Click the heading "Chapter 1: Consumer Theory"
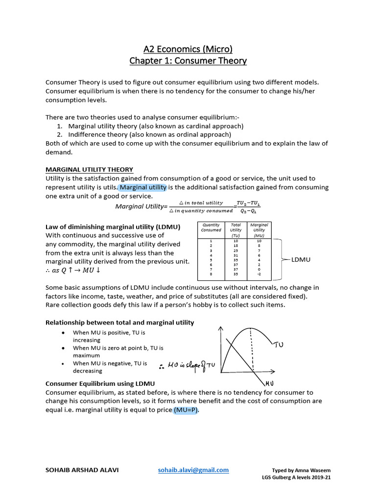(188, 61)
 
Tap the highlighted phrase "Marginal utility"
(143, 187)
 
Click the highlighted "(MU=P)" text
(186, 410)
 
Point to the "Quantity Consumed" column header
(211, 227)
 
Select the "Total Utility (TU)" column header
(235, 230)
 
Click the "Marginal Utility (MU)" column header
(258, 230)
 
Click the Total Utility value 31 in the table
(235, 255)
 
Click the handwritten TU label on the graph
(279, 345)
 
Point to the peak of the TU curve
(251, 328)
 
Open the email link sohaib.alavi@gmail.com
(193, 470)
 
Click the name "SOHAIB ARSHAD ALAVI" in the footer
(82, 470)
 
